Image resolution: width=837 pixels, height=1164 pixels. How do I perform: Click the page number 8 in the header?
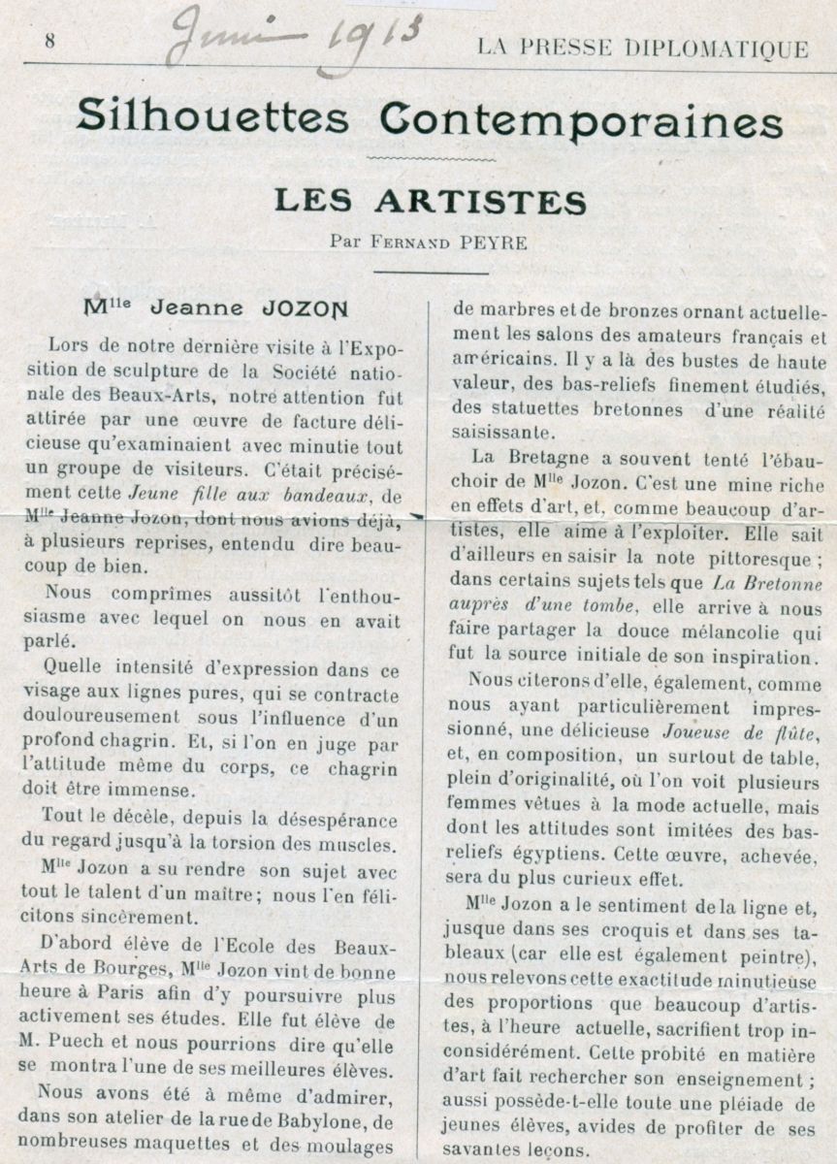tap(48, 41)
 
